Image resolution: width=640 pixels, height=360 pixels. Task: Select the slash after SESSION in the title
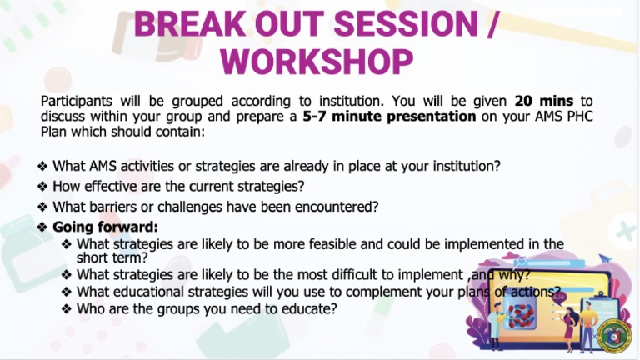coord(492,22)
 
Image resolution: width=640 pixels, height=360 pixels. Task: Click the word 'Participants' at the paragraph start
coord(77,102)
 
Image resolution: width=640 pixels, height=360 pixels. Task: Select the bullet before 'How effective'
coord(43,186)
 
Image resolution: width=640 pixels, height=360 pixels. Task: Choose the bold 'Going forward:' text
coord(105,227)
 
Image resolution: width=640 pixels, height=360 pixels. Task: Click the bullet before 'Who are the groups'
coord(67,308)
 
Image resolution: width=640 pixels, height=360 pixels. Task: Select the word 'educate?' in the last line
coord(309,308)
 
